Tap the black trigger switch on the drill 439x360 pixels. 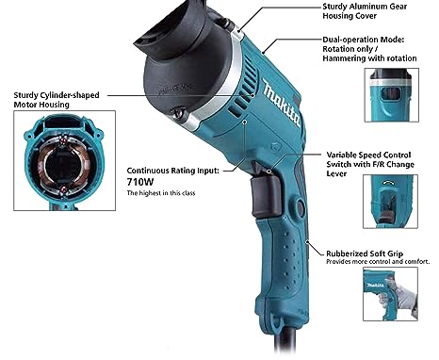[266, 197]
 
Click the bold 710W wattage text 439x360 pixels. [140, 182]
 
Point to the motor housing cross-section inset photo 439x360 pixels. [64, 160]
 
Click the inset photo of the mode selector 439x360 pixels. [392, 95]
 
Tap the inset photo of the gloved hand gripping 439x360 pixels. [390, 294]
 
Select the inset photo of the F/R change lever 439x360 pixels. [390, 202]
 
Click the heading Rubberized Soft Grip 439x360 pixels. [365, 254]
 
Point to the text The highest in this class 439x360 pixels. [161, 193]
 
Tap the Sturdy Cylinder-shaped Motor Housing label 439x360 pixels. [57, 100]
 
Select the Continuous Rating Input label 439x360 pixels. [173, 171]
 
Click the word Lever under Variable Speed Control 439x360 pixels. [336, 173]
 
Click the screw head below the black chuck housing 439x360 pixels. [178, 113]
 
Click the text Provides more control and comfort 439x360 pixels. [378, 262]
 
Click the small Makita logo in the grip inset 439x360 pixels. [376, 285]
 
